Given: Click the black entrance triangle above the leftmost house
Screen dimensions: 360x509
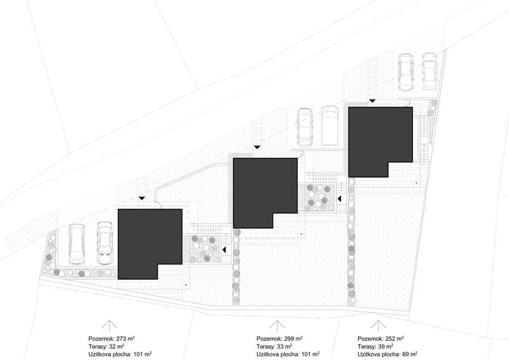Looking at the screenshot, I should (143, 199).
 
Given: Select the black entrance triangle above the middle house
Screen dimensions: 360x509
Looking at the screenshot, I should (256, 148).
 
